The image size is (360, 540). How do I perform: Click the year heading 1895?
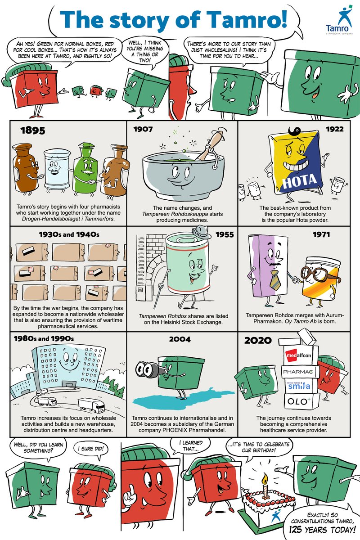click(33, 130)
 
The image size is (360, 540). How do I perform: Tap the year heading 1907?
click(143, 130)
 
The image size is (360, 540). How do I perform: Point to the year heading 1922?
click(335, 129)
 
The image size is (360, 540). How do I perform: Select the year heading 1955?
click(225, 234)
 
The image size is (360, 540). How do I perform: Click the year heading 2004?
click(180, 339)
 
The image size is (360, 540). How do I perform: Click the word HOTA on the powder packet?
click(299, 181)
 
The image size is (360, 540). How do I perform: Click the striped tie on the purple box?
click(274, 279)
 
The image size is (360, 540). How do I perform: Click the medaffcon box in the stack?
click(298, 355)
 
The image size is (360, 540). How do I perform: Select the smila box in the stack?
click(299, 386)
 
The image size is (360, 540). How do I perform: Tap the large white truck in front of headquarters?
click(91, 405)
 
